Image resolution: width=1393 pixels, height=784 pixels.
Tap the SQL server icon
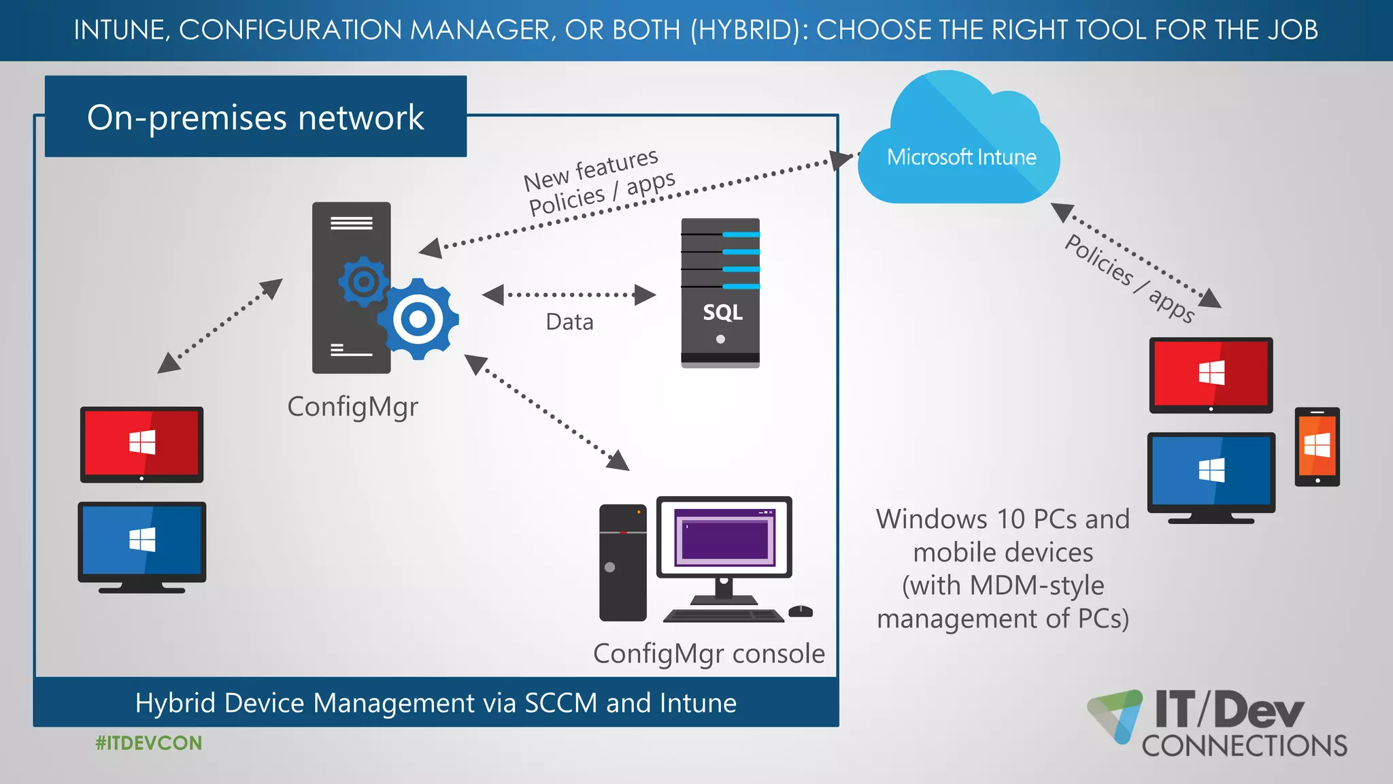[720, 293]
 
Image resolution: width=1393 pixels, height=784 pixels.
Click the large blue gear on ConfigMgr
[418, 318]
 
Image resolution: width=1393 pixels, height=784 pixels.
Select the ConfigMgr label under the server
[352, 407]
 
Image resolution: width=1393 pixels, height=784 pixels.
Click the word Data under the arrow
[569, 322]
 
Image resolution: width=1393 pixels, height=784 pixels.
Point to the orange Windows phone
[1317, 446]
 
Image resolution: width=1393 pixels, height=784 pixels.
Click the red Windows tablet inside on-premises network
[141, 444]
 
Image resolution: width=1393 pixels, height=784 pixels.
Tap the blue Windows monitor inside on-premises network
[141, 542]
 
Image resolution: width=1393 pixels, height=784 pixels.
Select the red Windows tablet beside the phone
[1211, 374]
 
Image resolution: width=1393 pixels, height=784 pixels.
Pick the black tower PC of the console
[622, 562]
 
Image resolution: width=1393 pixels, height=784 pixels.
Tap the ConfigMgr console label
[709, 654]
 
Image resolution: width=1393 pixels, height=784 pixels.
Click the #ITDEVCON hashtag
[148, 743]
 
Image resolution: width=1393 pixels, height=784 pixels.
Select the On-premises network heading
[256, 117]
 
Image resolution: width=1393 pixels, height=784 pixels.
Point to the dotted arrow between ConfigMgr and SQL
[569, 295]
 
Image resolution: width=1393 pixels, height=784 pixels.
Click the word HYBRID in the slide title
[748, 30]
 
